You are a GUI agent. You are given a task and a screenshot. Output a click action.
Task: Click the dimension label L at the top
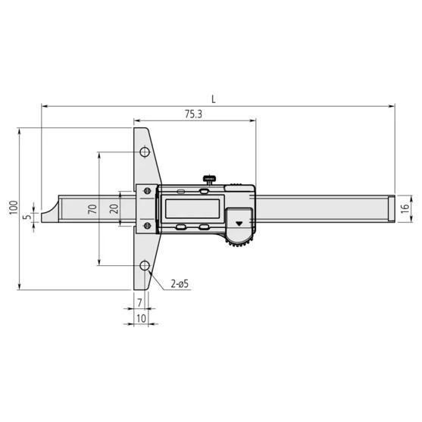214,98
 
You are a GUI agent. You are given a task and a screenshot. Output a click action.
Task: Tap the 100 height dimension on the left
13,208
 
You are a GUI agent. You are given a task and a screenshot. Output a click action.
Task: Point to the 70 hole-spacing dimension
92,209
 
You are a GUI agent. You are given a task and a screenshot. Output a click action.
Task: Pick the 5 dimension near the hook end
27,217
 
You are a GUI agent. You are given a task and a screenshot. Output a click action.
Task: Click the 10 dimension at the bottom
141,319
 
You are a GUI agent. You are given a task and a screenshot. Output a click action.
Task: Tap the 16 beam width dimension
405,208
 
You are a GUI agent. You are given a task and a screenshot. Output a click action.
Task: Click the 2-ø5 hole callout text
179,284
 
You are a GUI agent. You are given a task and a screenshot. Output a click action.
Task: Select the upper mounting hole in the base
144,152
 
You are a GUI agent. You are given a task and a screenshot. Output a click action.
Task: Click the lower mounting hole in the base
144,266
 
